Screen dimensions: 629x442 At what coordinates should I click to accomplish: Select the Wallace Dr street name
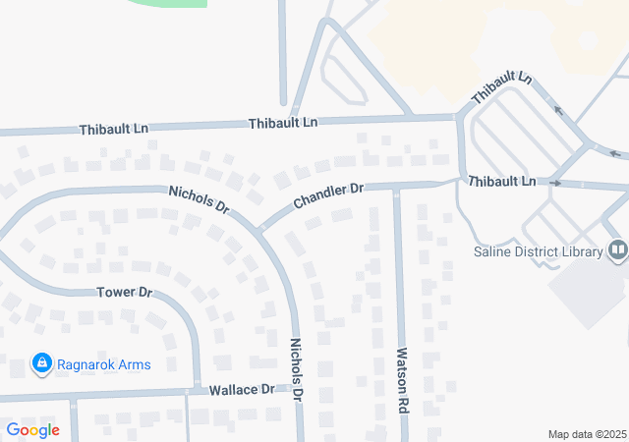[242, 390]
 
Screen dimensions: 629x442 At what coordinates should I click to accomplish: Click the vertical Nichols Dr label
[296, 368]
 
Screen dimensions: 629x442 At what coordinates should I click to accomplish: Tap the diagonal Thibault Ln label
[501, 89]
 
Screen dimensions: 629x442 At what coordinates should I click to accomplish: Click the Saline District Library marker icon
[617, 251]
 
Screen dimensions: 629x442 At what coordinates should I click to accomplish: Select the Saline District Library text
[539, 251]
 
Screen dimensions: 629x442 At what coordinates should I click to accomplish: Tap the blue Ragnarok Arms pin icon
[41, 364]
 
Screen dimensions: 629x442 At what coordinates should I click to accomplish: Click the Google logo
[32, 430]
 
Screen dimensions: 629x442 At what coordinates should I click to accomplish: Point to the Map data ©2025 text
[586, 434]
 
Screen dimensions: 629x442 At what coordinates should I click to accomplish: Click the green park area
[167, 3]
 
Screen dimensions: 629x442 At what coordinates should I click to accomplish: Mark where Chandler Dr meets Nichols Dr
[261, 229]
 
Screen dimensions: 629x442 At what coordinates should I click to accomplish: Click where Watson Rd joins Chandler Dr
[396, 187]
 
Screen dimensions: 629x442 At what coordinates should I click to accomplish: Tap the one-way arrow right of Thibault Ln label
[555, 184]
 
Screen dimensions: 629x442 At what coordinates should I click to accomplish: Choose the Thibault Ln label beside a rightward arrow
[501, 182]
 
